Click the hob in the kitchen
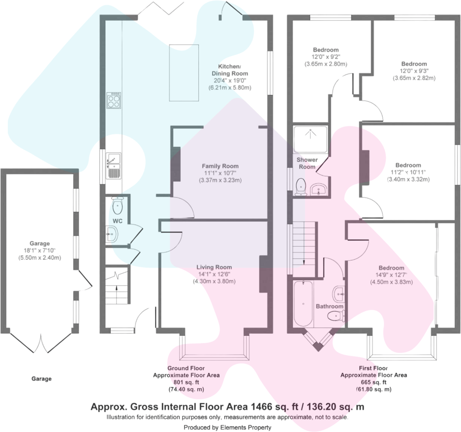[114, 101]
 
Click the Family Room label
[220, 166]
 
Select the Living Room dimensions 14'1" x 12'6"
[214, 274]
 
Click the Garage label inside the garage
[39, 243]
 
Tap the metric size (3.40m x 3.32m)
[408, 179]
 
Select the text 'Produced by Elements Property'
[227, 427]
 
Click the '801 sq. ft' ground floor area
[186, 382]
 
